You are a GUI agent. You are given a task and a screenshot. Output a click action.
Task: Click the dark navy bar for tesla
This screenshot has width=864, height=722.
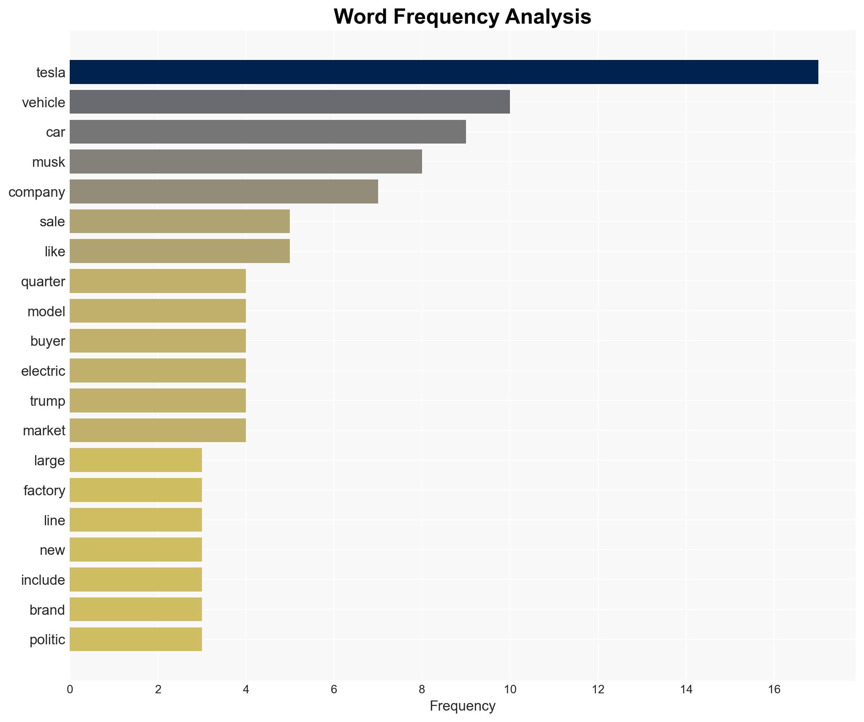tap(444, 72)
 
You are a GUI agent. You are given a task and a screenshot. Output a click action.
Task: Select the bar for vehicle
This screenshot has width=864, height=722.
tap(289, 102)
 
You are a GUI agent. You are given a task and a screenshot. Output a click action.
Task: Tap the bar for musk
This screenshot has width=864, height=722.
tap(245, 162)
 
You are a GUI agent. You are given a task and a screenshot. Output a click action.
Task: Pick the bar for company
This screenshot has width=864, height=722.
tap(223, 192)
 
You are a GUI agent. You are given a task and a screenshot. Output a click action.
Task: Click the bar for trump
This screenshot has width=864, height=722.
tap(158, 401)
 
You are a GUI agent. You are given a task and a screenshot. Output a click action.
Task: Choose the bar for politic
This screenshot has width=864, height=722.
tap(136, 639)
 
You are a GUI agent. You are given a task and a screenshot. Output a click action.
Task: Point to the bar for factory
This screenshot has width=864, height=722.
tap(136, 490)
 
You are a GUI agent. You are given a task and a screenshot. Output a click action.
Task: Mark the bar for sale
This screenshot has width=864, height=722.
tap(180, 221)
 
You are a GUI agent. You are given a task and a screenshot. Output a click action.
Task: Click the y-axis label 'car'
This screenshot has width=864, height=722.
tap(55, 132)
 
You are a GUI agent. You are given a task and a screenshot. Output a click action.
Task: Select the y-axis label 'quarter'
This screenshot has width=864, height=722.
tap(43, 282)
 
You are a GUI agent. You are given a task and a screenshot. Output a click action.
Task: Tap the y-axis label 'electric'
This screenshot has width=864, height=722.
tap(43, 371)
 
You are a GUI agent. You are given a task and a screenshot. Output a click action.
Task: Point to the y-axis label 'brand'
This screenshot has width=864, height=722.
tap(47, 610)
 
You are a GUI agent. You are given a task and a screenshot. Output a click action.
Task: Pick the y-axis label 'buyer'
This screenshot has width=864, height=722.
tap(47, 341)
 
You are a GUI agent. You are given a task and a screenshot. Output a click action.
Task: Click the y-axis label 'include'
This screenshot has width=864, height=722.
tap(43, 580)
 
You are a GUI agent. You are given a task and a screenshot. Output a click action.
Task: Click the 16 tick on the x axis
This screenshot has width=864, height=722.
tap(774, 689)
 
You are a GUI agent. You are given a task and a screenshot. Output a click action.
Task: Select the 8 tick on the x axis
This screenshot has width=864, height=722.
tap(422, 689)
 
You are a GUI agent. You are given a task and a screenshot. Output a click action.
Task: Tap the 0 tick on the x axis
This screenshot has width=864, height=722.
tap(70, 689)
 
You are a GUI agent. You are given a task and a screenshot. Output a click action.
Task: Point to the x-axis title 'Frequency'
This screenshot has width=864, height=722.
tap(462, 706)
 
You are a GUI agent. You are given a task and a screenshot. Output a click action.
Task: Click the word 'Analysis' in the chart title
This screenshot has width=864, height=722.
tap(548, 17)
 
